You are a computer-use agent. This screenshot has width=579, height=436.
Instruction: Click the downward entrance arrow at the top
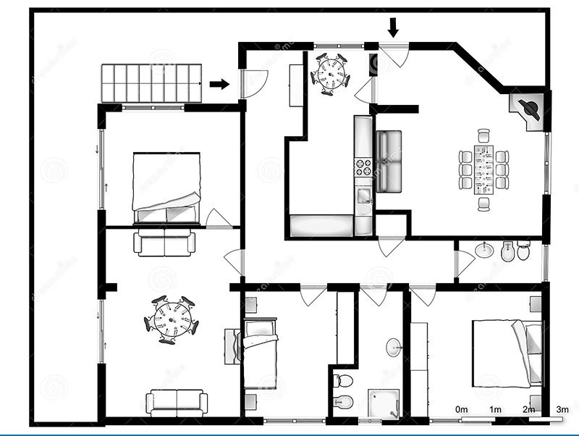click(x=393, y=28)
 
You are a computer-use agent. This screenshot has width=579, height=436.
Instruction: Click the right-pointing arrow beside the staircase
click(x=219, y=85)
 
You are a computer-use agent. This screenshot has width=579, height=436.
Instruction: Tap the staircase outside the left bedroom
click(x=151, y=83)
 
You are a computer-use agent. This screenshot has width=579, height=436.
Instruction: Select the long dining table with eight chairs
click(x=483, y=169)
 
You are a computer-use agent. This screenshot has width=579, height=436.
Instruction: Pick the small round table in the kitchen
click(x=331, y=73)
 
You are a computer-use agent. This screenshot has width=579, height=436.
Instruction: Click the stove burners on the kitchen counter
click(x=362, y=167)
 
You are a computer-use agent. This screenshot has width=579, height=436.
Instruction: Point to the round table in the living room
click(x=172, y=319)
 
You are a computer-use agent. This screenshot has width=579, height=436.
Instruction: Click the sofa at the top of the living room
click(x=165, y=243)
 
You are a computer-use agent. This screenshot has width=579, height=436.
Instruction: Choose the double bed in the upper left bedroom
click(x=166, y=187)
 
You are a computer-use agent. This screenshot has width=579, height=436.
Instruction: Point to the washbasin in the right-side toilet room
click(x=485, y=251)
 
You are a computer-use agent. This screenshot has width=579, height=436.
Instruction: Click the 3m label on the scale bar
click(x=562, y=410)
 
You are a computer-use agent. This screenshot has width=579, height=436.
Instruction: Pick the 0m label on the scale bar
click(x=462, y=410)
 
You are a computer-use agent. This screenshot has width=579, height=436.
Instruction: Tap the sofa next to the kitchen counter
click(x=389, y=161)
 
